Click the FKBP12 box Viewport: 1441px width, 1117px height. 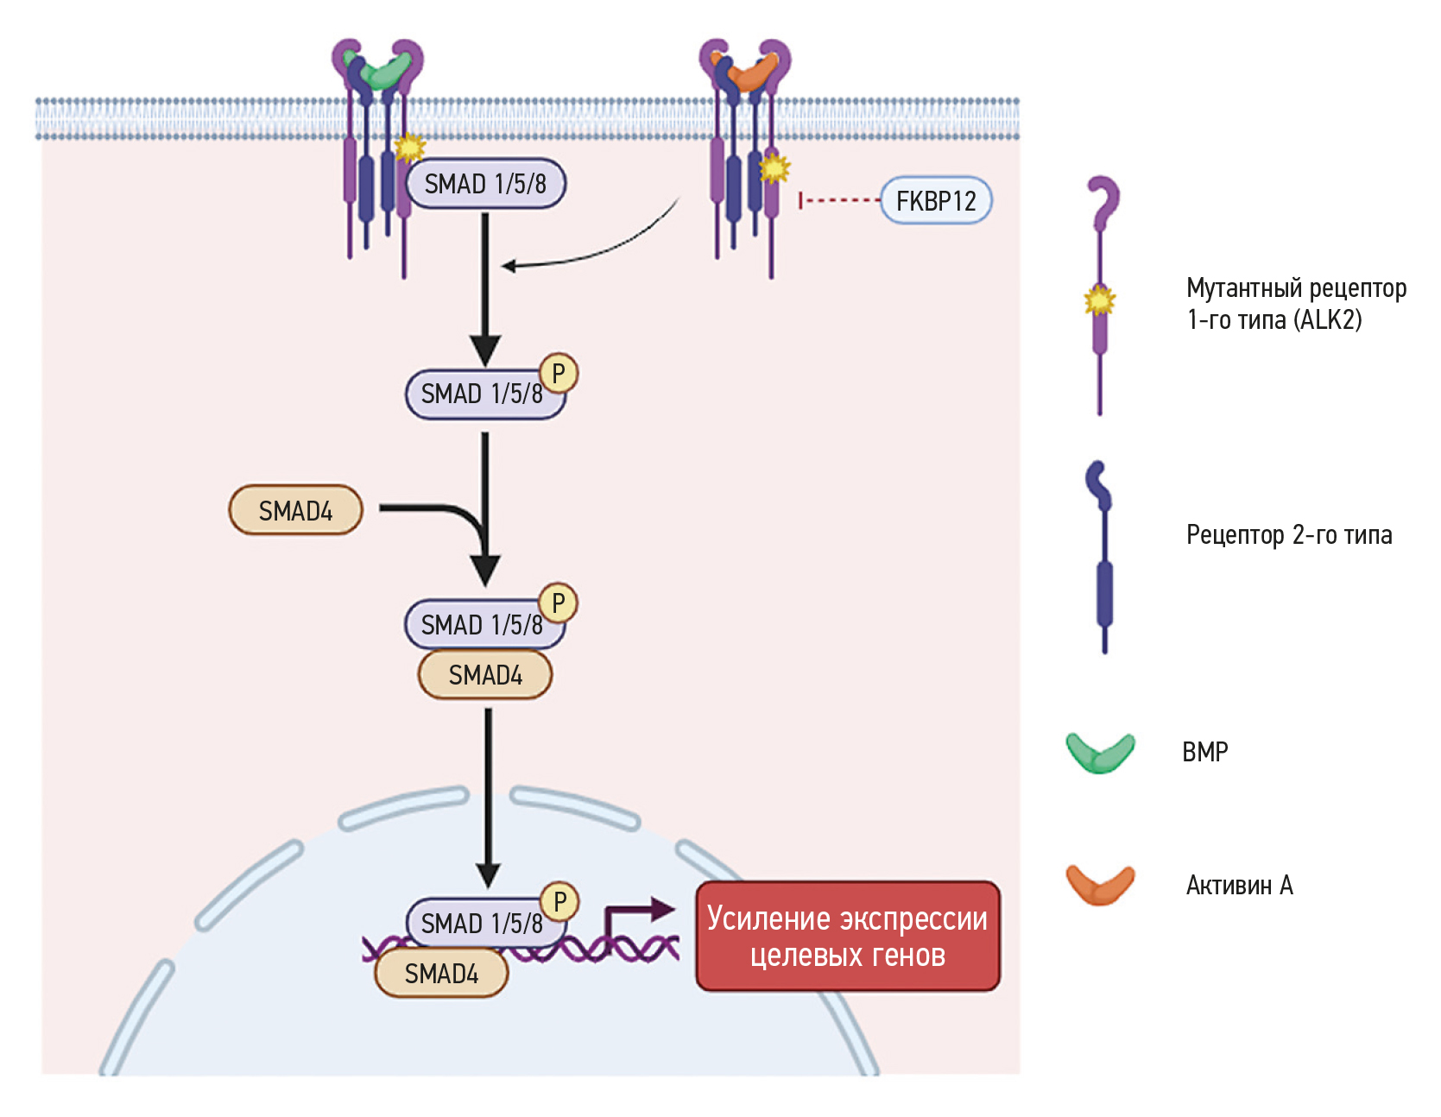(x=936, y=201)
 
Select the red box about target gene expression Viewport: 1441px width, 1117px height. (x=848, y=937)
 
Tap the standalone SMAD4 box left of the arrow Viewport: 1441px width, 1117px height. (x=295, y=510)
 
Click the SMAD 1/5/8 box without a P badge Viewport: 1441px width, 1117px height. (x=485, y=184)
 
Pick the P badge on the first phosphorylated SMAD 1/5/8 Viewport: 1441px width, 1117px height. (x=559, y=373)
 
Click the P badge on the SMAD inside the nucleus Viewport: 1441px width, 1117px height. (x=559, y=901)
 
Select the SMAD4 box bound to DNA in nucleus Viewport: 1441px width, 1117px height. (x=441, y=974)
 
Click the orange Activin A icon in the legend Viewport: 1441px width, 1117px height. (x=1100, y=885)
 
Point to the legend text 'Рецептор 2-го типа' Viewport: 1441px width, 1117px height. (x=1288, y=535)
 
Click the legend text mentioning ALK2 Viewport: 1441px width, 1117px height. (x=1295, y=304)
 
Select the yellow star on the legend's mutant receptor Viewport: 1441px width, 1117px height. (x=1100, y=300)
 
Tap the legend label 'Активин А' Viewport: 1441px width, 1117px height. (x=1239, y=886)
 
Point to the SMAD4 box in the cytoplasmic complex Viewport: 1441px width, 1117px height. (x=485, y=675)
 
